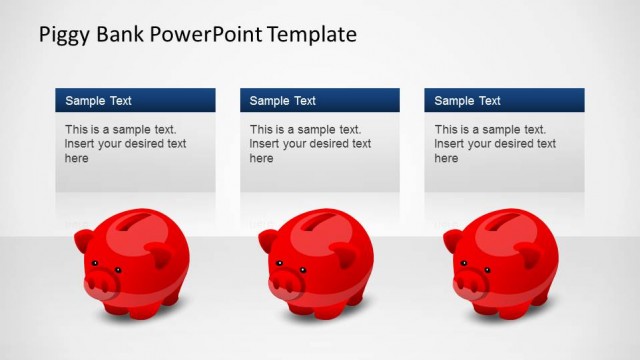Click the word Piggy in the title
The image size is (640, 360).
click(64, 36)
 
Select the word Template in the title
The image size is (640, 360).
click(310, 35)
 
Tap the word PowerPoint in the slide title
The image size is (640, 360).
click(206, 35)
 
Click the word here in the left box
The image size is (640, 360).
click(77, 158)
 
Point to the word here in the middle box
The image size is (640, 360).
click(262, 158)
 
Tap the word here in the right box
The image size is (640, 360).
click(447, 158)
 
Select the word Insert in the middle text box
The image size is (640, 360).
click(265, 144)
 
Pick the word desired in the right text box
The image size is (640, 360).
click(510, 144)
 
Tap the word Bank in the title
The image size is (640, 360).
click(122, 35)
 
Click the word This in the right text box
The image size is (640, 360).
click(447, 130)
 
